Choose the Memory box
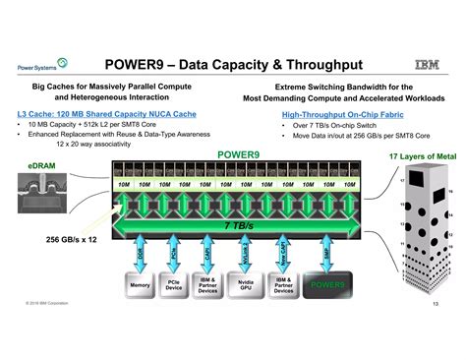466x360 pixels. [141, 286]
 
